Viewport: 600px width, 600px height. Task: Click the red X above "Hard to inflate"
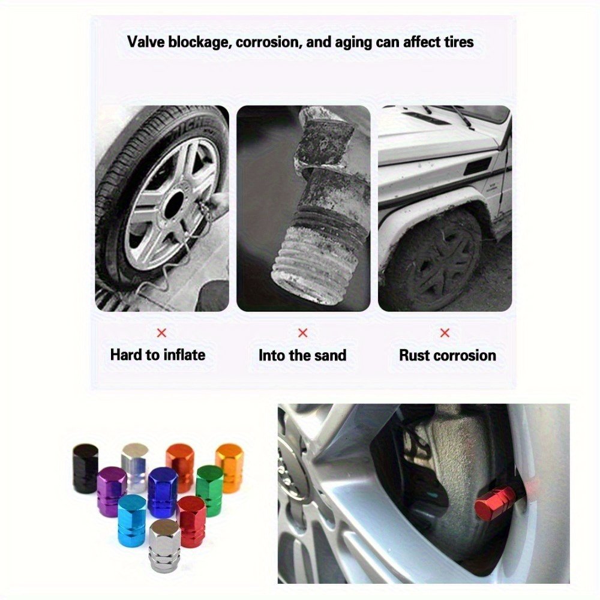162,333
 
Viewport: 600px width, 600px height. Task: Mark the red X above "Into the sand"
302,333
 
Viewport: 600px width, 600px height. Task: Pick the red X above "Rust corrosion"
445,333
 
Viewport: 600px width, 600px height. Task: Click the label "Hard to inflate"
158,355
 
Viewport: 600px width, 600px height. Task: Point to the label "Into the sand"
302,355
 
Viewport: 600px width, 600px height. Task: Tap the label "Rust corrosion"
448,355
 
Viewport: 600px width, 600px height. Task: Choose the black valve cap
85,467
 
